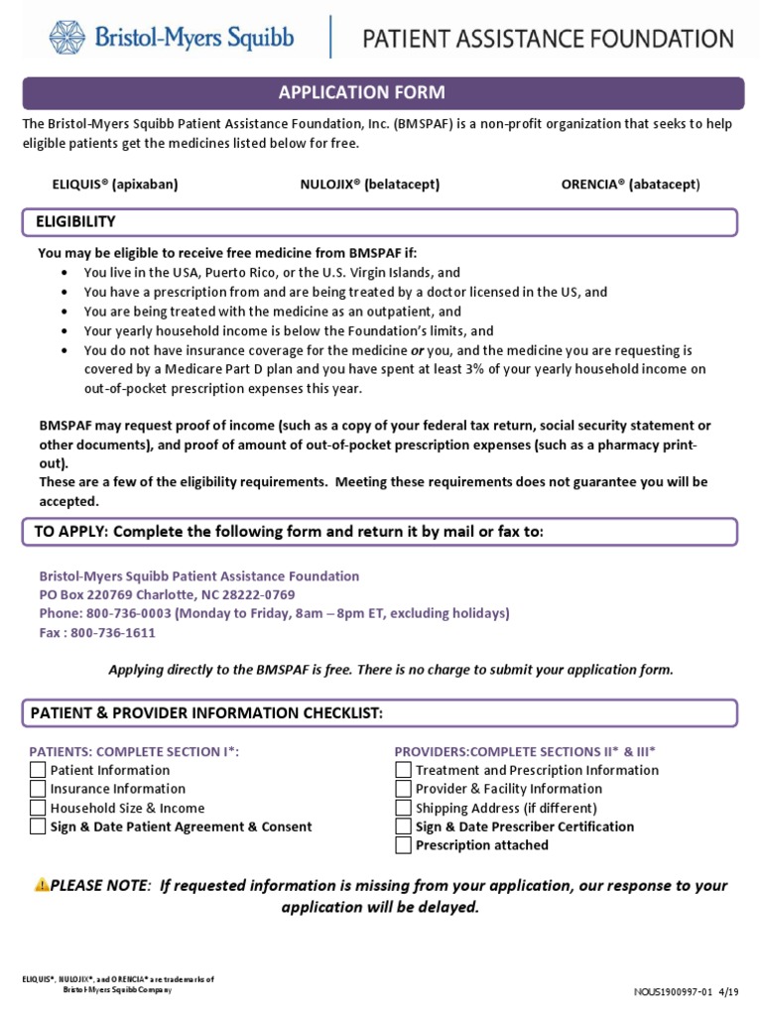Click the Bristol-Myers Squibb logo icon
(x=70, y=38)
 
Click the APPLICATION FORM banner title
(x=361, y=93)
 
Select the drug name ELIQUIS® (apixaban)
(x=115, y=185)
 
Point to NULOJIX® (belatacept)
(x=370, y=185)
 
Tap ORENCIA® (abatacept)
(x=630, y=185)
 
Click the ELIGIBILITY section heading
(x=75, y=221)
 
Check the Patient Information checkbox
(x=38, y=770)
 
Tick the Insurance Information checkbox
(x=38, y=789)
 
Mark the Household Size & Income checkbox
(x=38, y=808)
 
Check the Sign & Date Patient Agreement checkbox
(x=38, y=826)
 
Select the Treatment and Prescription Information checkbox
(x=403, y=770)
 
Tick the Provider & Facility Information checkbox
(x=403, y=789)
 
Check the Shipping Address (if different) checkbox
(x=403, y=808)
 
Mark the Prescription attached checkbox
(x=403, y=845)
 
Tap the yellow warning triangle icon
(x=42, y=885)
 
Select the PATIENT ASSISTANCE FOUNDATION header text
(x=548, y=40)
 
